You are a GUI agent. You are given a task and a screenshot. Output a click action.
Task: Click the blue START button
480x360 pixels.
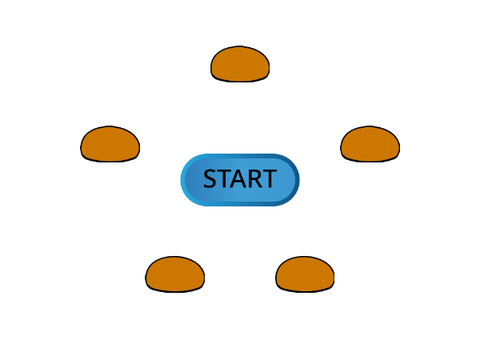coord(240,180)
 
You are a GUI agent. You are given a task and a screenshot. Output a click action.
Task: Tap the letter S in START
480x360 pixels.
coord(211,179)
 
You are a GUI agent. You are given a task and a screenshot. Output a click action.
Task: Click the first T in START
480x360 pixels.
coord(225,179)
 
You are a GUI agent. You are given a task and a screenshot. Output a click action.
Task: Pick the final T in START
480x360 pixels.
coord(269,179)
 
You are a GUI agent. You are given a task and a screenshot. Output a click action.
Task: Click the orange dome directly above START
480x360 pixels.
coord(240,64)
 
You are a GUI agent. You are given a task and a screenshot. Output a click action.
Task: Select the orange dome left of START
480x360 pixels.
coord(110,144)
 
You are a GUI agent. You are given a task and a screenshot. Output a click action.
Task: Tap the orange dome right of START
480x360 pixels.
coord(370,144)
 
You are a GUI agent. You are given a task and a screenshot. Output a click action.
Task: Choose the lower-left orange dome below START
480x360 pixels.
coord(175,274)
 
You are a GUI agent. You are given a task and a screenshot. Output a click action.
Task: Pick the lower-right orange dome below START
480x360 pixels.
coord(305,274)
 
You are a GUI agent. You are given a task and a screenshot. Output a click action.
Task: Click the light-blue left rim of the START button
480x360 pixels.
coord(183,180)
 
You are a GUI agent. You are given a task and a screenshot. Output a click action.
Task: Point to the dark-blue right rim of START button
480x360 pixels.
coord(297,180)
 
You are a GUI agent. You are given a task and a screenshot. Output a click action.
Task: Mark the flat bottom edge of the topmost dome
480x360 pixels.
coord(240,81)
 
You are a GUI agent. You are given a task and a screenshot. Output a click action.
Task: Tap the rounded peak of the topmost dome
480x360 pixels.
coord(240,47)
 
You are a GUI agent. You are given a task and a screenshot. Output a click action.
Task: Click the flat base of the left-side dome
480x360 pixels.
coord(110,161)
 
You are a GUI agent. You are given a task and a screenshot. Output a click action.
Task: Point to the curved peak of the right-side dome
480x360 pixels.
coord(370,127)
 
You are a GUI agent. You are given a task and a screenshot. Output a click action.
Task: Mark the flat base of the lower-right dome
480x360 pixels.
coord(305,291)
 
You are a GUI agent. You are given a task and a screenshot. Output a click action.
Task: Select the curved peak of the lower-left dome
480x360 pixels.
coord(175,257)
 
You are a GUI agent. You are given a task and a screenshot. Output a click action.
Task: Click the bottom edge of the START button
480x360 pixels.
coord(240,204)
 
